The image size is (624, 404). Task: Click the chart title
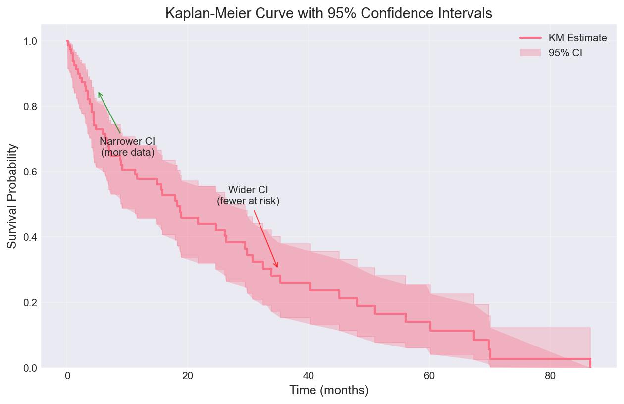click(329, 13)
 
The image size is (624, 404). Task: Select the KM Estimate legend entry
click(577, 38)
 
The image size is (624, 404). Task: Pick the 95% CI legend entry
click(565, 53)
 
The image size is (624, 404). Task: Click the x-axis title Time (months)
click(329, 391)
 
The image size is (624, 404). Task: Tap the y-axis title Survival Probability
click(12, 197)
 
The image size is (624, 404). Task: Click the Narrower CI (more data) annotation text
click(127, 147)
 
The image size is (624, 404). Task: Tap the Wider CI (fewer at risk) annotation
click(248, 196)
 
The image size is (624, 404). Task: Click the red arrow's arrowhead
click(277, 267)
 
